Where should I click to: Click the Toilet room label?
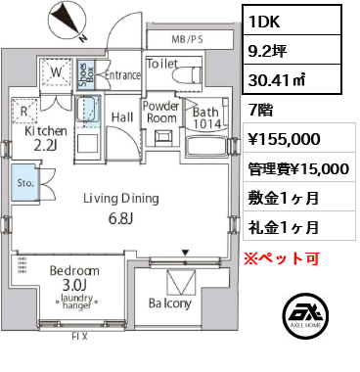point(162,64)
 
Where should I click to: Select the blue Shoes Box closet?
point(86,74)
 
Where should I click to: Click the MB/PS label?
point(187,39)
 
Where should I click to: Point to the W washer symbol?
point(56,72)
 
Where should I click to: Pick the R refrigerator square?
point(24,112)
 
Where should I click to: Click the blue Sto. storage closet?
point(24,182)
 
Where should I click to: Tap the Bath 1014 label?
point(206,117)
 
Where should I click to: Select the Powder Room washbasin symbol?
point(162,137)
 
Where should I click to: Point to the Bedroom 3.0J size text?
point(74,286)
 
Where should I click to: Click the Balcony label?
point(170,303)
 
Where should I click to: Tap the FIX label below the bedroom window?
point(79,337)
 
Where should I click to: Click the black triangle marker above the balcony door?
point(185,253)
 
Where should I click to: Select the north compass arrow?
point(67,21)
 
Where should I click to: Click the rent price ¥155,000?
point(284,139)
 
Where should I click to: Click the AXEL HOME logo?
point(306,314)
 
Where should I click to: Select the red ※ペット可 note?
point(282,258)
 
